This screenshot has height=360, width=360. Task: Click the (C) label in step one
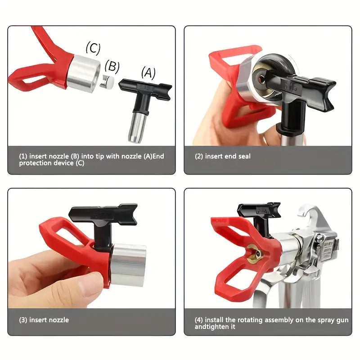coord(93,48)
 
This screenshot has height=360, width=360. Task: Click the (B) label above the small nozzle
coord(112,67)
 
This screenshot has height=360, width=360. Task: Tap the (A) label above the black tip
coord(148,73)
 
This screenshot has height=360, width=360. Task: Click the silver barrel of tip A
coord(137,127)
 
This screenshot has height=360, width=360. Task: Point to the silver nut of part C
coord(84,73)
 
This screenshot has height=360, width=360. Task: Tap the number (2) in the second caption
coord(199,156)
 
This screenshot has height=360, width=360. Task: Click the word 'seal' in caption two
coord(244,156)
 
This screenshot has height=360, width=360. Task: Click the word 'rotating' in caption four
coord(250,320)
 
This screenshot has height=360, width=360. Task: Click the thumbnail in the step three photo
coord(90,287)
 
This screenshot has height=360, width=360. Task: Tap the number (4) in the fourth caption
coord(198,320)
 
